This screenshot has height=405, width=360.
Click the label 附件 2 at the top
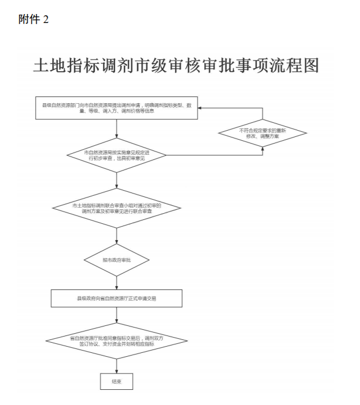click(34, 20)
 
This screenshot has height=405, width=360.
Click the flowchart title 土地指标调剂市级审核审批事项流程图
click(176, 66)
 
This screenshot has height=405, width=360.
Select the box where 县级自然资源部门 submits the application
click(117, 108)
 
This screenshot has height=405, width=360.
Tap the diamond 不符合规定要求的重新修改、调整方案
click(262, 133)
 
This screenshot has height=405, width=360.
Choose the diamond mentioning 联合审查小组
click(117, 207)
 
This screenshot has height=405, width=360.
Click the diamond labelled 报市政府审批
click(117, 260)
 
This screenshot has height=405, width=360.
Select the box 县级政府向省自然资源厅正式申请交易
click(117, 298)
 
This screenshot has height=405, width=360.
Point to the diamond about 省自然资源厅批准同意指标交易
click(117, 340)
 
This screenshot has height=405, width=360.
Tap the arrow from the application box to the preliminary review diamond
click(117, 129)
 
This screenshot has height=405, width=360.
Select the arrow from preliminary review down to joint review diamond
click(117, 180)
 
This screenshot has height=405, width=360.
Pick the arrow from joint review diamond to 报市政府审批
click(117, 236)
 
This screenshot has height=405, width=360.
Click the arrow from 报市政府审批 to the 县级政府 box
click(117, 283)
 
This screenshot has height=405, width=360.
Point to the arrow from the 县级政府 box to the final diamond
click(117, 314)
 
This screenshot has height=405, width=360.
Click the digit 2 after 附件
click(45, 20)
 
